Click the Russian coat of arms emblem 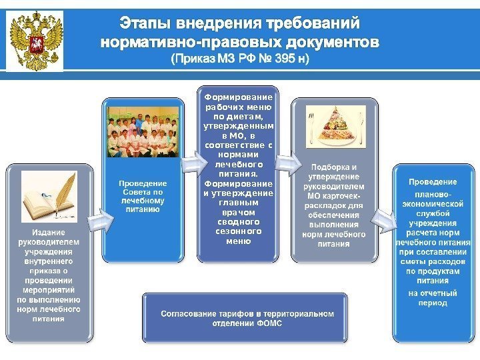pos(35,40)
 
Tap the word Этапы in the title pos(143,25)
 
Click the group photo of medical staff pos(143,131)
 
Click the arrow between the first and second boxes pos(97,224)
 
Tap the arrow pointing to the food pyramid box pos(287,163)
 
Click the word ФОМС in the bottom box pos(269,323)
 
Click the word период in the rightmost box pos(433,303)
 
